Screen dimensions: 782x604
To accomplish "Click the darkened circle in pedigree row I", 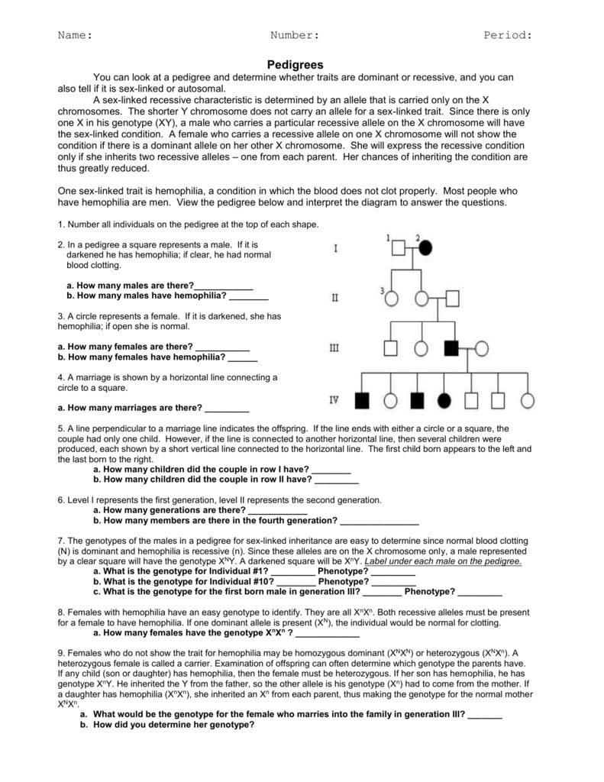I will pos(425,247).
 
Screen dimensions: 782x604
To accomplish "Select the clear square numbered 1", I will pos(398,247).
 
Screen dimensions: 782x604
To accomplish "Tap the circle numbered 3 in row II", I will pos(390,299).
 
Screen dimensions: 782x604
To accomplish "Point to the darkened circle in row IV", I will pos(444,399).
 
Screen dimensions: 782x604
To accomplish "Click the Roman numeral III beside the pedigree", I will pos(334,348).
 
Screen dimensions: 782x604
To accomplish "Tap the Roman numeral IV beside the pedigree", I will pos(334,399).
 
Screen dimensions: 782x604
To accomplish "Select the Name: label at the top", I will pos(76,35).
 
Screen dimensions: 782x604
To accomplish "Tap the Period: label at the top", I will pos(507,35).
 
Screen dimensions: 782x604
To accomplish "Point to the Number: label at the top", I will pos(294,35).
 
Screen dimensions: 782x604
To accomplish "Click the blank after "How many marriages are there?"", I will pos(227,408).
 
